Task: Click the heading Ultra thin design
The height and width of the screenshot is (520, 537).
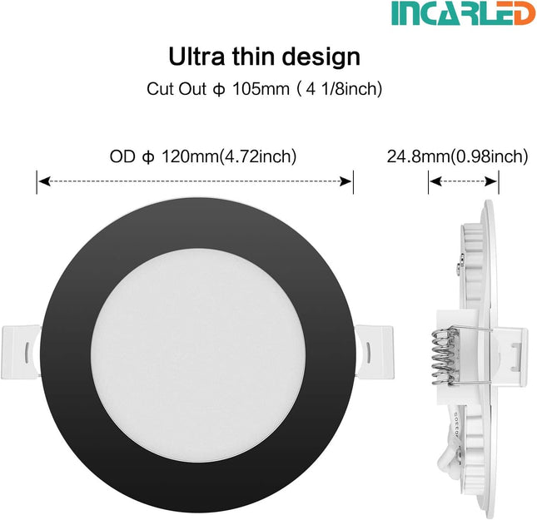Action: tap(265, 57)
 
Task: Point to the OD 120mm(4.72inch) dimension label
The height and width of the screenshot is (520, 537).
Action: tap(203, 156)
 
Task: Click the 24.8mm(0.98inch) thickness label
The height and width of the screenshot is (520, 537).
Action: tap(457, 156)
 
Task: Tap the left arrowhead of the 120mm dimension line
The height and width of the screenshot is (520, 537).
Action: tap(42, 180)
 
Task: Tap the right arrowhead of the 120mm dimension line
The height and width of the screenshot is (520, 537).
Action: tap(350, 180)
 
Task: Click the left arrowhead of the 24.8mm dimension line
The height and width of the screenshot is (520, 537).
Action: tap(433, 180)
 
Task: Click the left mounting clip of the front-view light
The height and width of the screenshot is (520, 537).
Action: tap(22, 344)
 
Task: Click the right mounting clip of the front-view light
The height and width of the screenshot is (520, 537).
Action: tap(370, 344)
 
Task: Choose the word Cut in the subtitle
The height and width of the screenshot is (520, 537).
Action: tap(161, 87)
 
